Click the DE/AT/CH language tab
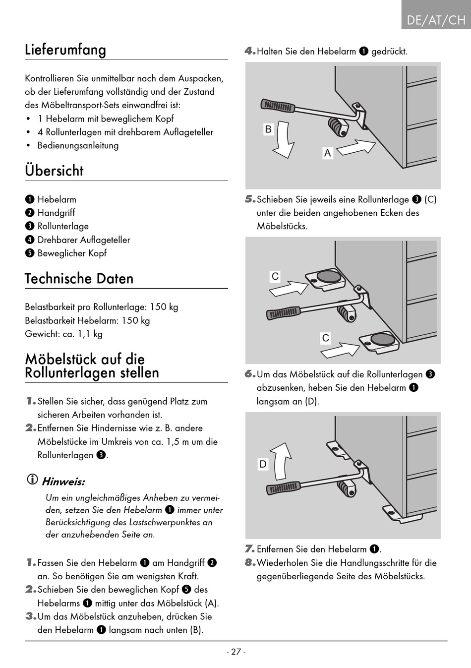pos(436,20)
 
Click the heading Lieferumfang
pos(65,50)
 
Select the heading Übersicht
pos(54,171)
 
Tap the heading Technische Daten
pos(79,278)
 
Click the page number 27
pos(236,652)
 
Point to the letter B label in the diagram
pos(268,129)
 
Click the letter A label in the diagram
pos(327,153)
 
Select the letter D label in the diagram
pos(263,464)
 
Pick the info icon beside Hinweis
pos(32,480)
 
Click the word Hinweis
pos(63,482)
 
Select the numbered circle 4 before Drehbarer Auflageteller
pos(30,240)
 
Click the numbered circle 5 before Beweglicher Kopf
pos(30,253)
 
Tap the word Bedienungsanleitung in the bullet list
pos(78,145)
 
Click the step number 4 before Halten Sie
pos(249,51)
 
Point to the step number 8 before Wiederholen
pos(249,562)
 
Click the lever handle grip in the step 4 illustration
pos(278,105)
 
